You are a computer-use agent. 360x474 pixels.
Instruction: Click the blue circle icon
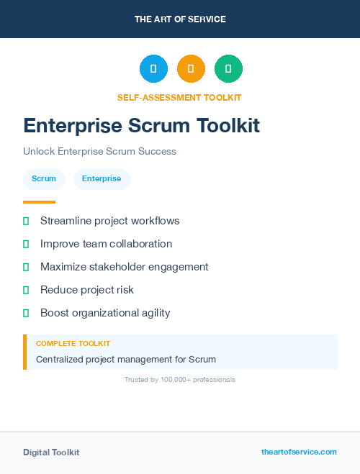(153, 69)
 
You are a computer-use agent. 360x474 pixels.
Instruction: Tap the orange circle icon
(191, 69)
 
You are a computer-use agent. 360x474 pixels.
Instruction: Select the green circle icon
(228, 69)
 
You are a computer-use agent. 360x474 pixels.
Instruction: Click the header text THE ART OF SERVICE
(180, 19)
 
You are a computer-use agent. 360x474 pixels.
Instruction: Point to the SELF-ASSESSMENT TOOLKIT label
(179, 98)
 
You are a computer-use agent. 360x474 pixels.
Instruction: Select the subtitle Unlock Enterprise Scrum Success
(99, 152)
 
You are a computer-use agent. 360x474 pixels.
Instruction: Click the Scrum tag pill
(44, 179)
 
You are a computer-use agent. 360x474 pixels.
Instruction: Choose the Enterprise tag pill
(102, 179)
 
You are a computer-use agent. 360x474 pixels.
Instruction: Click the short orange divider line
(39, 202)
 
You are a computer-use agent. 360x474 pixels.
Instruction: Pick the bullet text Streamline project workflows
(109, 221)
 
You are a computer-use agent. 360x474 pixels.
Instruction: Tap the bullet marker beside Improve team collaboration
(26, 245)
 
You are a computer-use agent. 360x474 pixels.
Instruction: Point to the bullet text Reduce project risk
(86, 290)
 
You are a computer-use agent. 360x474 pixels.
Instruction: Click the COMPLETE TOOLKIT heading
(73, 344)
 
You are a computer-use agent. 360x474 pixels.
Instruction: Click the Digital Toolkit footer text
(51, 452)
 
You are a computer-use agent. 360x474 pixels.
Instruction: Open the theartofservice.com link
(299, 452)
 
